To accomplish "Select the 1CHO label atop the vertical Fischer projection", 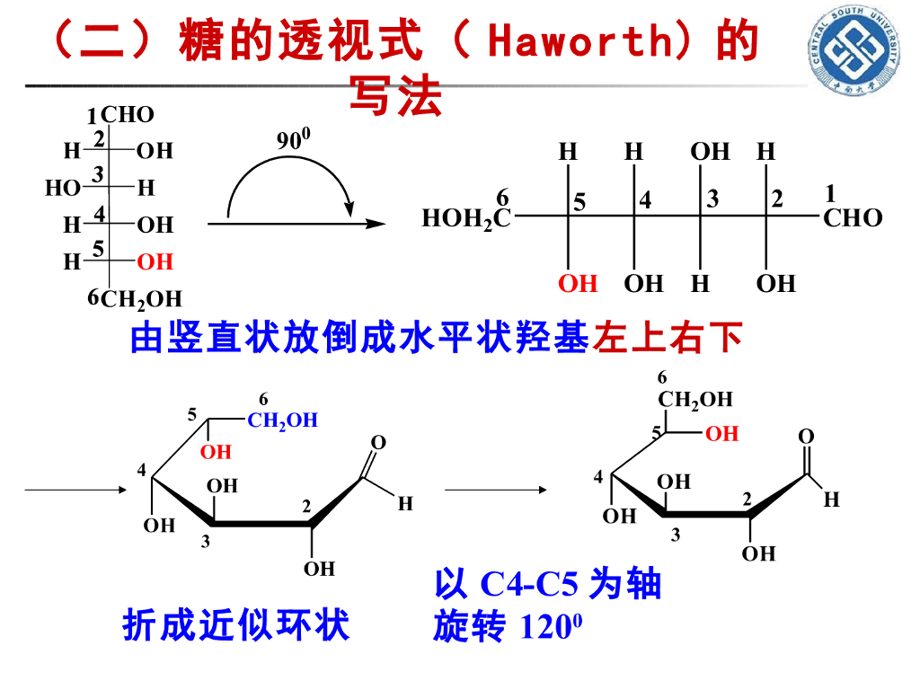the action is click(121, 115).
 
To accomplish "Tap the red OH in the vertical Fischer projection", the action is click(155, 261).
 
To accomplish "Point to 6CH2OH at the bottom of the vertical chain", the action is click(135, 299).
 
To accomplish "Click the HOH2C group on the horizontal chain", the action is click(466, 218).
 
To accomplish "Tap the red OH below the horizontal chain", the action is click(578, 284).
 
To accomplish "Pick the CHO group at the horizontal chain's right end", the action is click(853, 218).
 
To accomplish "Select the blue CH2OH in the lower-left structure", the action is click(282, 420).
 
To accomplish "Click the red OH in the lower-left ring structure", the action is click(216, 452).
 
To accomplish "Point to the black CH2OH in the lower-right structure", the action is click(695, 399).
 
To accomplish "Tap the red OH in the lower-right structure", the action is click(721, 434).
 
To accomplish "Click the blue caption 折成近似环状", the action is click(235, 626).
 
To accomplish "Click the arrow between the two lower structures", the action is click(495, 490).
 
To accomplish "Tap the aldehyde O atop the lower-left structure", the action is click(378, 442).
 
